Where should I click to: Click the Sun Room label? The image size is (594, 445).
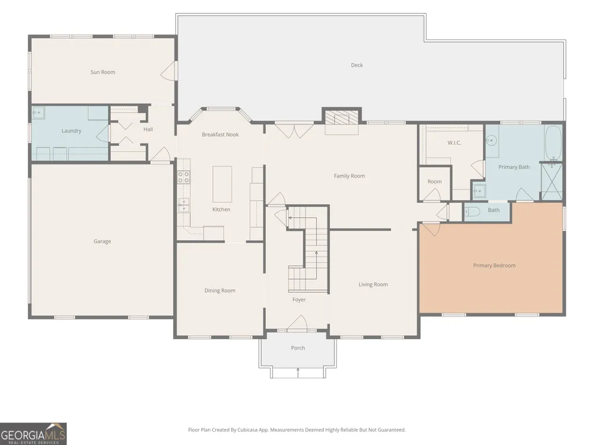(103, 72)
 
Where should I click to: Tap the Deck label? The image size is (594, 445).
(357, 65)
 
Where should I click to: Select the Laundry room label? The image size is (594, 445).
(71, 131)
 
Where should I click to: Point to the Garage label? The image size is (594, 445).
(102, 241)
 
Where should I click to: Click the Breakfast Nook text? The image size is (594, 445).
(220, 134)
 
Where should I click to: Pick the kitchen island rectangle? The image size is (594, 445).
(222, 184)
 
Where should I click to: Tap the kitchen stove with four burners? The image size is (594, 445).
(184, 177)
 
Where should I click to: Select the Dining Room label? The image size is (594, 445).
(220, 290)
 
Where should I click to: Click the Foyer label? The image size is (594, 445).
(299, 300)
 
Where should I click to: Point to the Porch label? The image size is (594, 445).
(298, 348)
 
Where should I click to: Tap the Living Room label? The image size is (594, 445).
(373, 285)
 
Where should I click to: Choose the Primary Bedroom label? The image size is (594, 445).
(494, 266)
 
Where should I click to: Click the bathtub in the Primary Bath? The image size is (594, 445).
(553, 144)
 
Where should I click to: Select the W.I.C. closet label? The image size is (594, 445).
(454, 143)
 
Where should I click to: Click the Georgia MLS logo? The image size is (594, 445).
(34, 433)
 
